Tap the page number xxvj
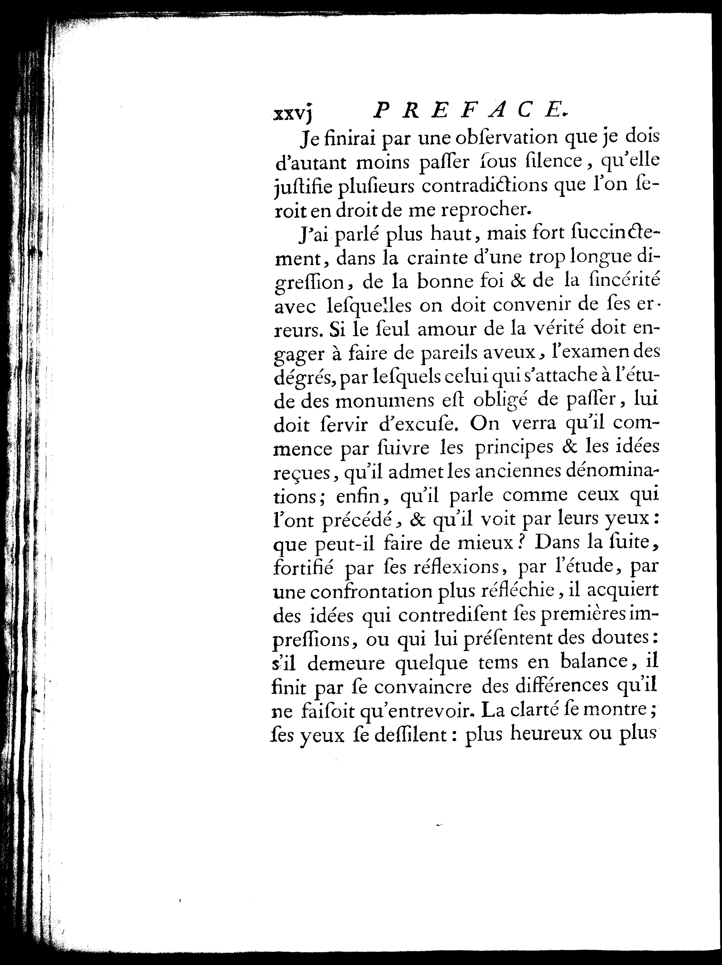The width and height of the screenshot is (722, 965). [292, 114]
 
